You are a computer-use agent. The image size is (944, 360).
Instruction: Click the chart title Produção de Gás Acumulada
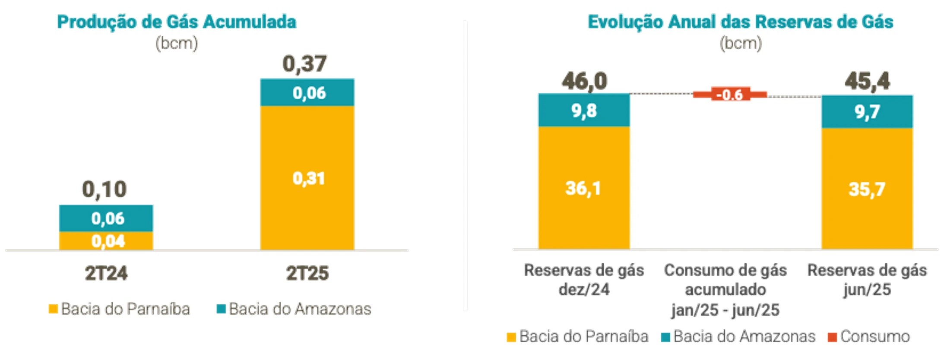tap(177, 22)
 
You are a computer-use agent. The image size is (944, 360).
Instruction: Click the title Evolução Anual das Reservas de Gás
tap(740, 22)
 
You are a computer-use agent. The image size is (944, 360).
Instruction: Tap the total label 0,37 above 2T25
tap(304, 64)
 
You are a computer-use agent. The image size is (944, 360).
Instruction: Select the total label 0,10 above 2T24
tap(105, 189)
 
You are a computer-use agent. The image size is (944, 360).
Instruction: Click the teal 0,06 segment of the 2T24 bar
tap(106, 218)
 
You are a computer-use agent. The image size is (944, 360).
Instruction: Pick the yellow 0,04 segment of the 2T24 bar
tap(106, 241)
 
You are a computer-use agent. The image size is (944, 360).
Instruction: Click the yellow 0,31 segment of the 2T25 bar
tap(307, 178)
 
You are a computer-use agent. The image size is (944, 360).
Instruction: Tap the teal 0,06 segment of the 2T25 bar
tap(307, 93)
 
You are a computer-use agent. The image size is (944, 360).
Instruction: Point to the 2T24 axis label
tap(106, 273)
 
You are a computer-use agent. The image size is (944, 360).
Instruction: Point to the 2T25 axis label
tap(307, 273)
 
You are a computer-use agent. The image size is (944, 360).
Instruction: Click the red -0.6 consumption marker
tap(730, 95)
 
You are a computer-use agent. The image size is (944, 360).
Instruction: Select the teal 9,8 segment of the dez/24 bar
tap(584, 111)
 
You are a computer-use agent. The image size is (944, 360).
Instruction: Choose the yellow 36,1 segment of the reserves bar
tap(584, 188)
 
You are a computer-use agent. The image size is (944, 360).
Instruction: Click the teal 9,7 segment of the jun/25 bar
tap(867, 112)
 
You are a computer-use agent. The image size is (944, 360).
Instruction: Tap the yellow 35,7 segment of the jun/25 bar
tap(867, 189)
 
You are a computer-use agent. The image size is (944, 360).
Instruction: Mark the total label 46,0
tap(584, 81)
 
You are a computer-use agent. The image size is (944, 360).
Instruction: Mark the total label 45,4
tap(867, 81)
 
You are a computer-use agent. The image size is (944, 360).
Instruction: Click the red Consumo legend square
tap(832, 337)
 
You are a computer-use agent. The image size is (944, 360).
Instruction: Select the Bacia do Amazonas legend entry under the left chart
tap(294, 309)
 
